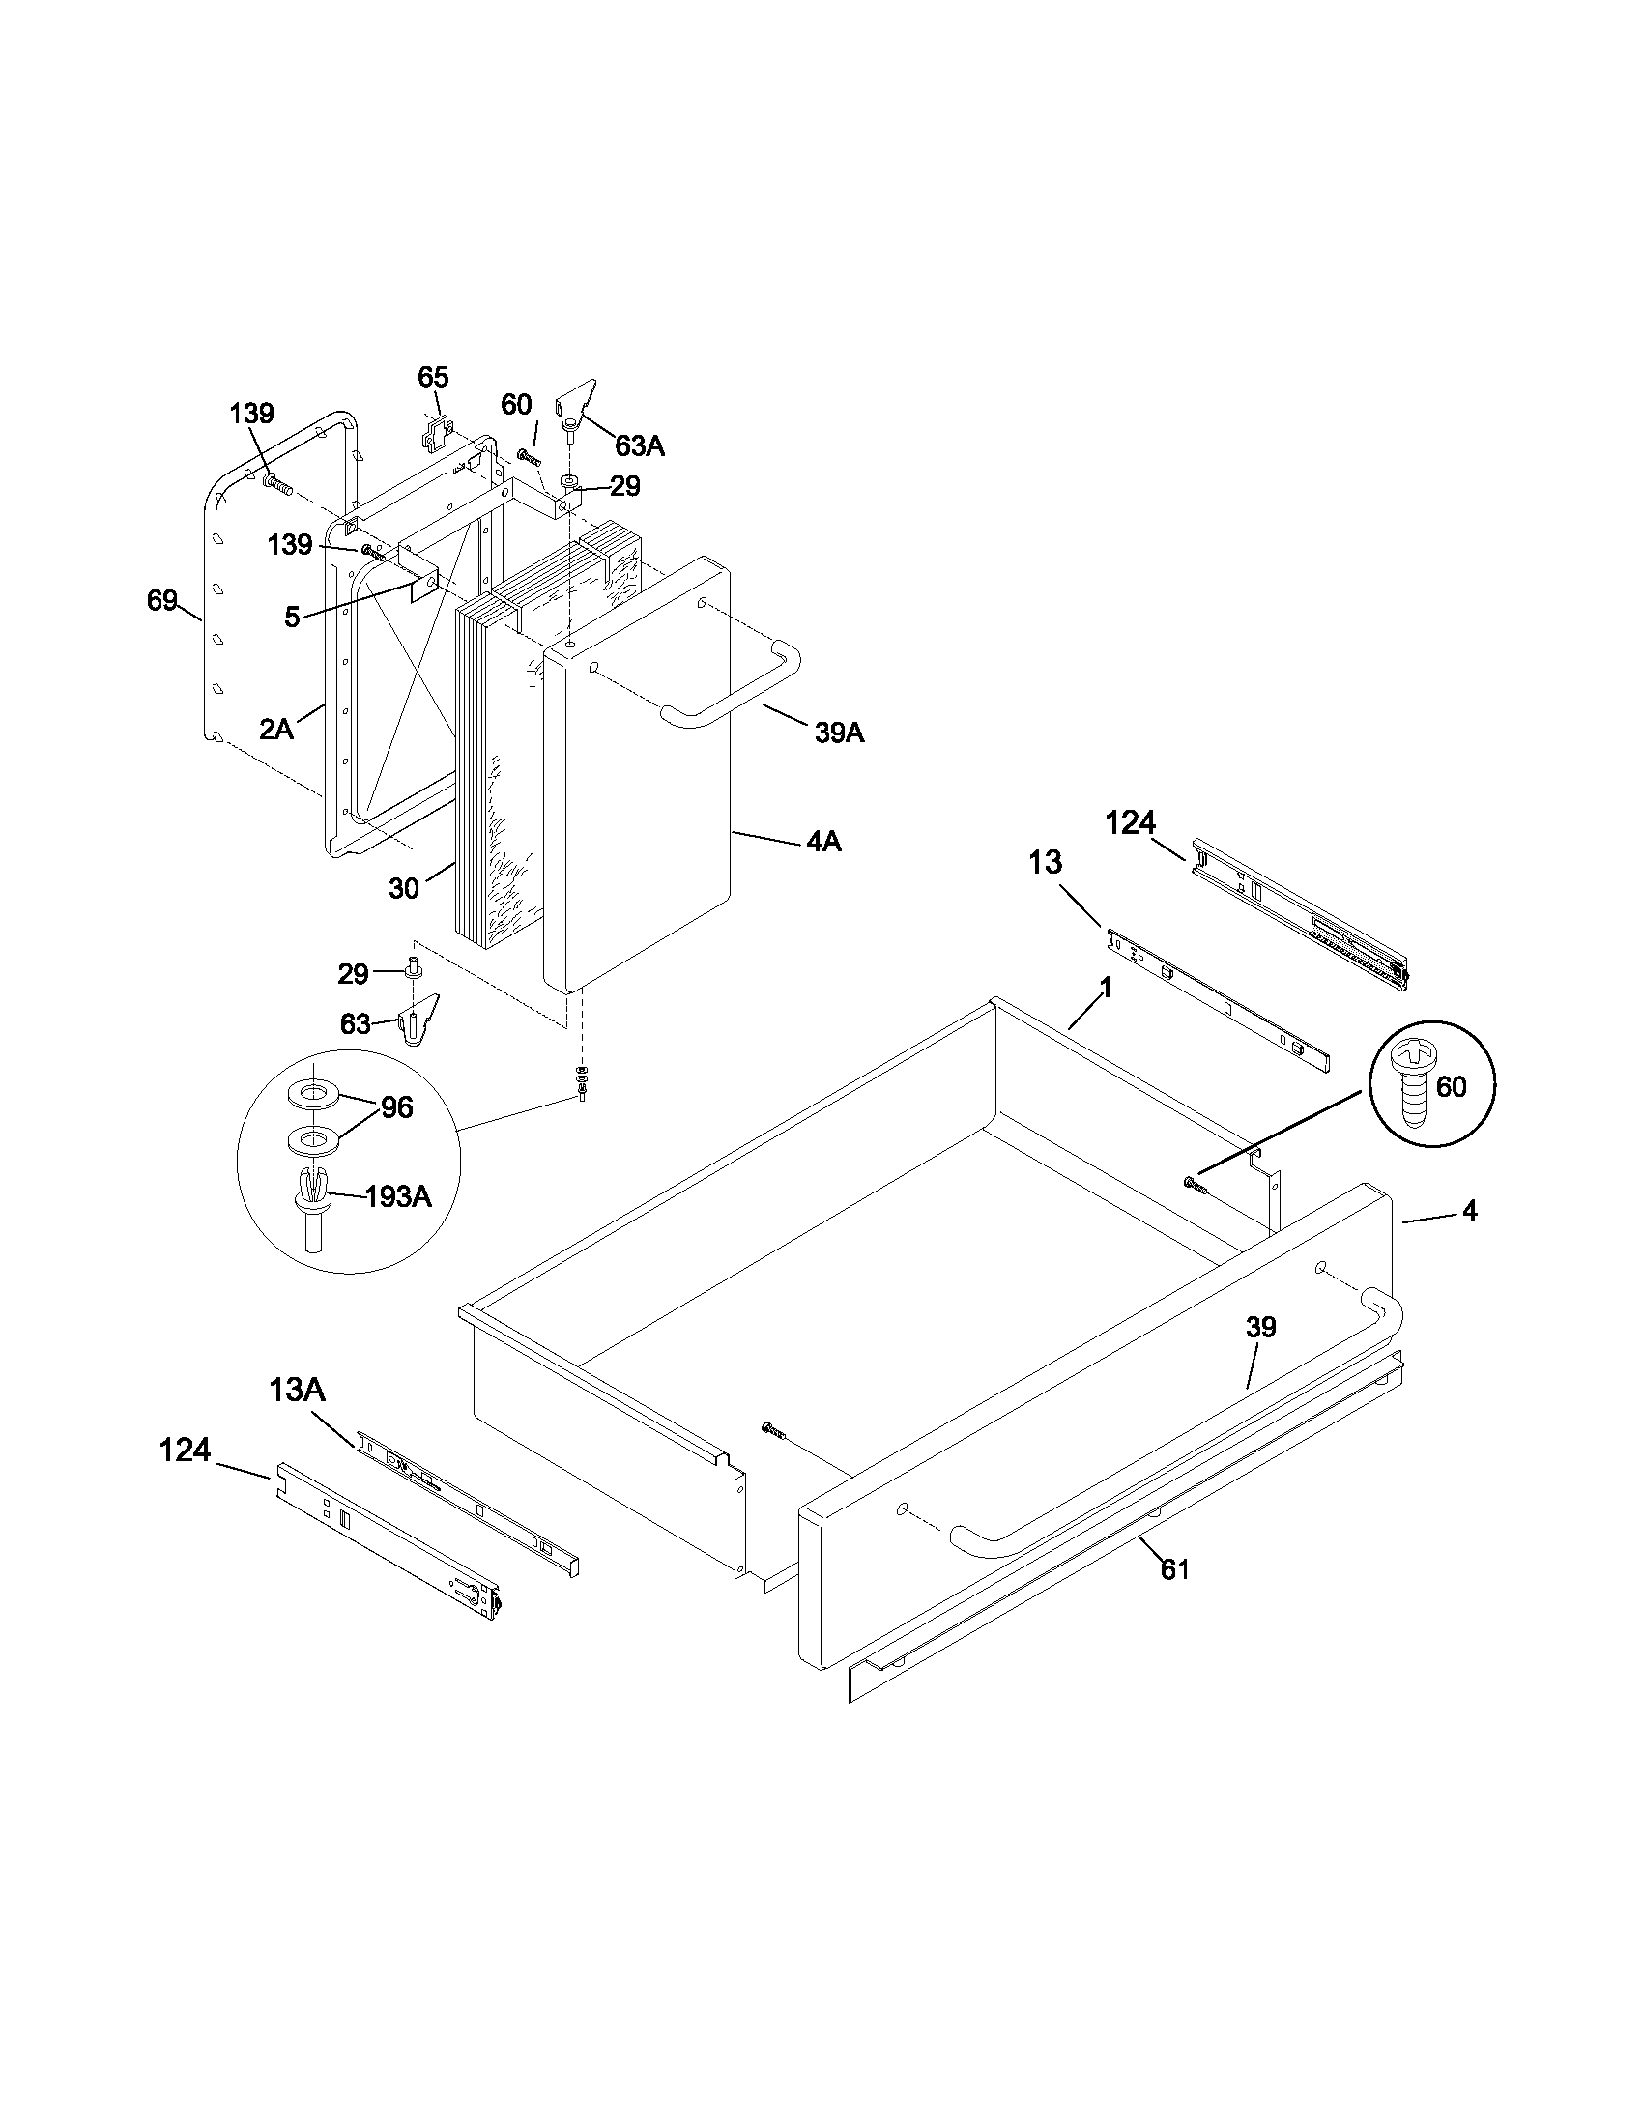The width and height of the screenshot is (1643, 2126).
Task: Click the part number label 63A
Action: pyautogui.click(x=640, y=446)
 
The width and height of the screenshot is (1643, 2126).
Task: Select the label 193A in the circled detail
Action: pyautogui.click(x=398, y=1196)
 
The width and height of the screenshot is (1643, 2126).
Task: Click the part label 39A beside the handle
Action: pyautogui.click(x=839, y=733)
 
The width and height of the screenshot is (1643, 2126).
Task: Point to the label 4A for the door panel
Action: pyautogui.click(x=823, y=841)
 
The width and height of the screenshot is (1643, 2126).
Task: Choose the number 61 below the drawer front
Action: pyautogui.click(x=1175, y=1569)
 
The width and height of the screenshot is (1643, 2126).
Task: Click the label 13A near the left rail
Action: pyautogui.click(x=297, y=1390)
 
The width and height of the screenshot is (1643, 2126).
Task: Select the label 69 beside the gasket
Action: pyautogui.click(x=161, y=601)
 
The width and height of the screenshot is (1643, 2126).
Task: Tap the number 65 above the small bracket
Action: pyautogui.click(x=433, y=377)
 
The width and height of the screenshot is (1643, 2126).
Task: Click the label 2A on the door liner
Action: pyautogui.click(x=276, y=729)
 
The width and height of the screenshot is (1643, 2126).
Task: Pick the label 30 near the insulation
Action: pyautogui.click(x=404, y=888)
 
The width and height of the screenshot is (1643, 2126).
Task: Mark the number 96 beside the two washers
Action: pyautogui.click(x=396, y=1106)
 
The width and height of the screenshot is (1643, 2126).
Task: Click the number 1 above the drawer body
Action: pyautogui.click(x=1105, y=987)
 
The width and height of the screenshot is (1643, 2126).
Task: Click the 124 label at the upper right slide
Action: pyautogui.click(x=1130, y=822)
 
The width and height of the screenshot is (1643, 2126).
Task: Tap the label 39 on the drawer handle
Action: pyautogui.click(x=1259, y=1327)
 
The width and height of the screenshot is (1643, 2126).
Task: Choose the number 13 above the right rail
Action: pyautogui.click(x=1046, y=861)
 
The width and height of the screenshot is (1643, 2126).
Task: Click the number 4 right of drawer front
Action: pyautogui.click(x=1469, y=1211)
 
